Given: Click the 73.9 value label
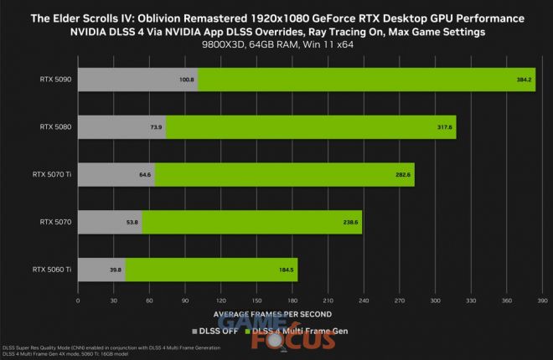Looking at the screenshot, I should pos(156,127).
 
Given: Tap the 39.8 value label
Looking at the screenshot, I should pos(115,270).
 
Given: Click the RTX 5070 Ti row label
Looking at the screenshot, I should pos(52,175).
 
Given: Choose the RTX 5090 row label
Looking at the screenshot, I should pos(55,80).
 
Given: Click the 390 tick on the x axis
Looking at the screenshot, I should pos(541,299).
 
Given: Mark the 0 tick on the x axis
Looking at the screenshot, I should pos(78,299).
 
